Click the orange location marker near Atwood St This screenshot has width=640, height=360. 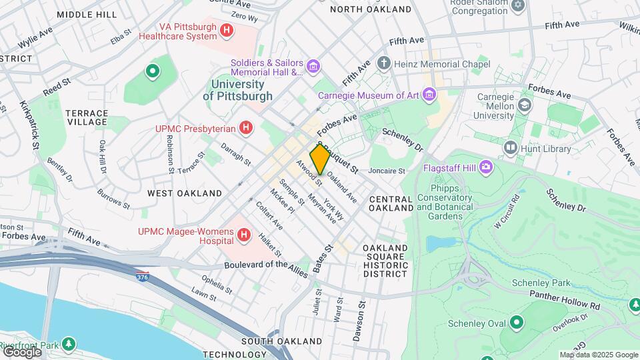click(319, 159)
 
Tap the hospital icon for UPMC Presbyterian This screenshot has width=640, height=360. click(247, 127)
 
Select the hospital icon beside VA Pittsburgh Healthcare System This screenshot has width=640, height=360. click(227, 30)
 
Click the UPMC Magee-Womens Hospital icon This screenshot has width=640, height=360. click(245, 235)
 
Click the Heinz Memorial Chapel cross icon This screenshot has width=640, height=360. click(384, 64)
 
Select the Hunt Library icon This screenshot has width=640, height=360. click(511, 147)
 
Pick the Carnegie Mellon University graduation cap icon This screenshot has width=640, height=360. click(525, 104)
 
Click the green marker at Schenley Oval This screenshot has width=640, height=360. click(516, 323)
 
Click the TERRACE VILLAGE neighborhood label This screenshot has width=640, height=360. click(87, 117)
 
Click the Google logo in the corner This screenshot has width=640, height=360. click(21, 351)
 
